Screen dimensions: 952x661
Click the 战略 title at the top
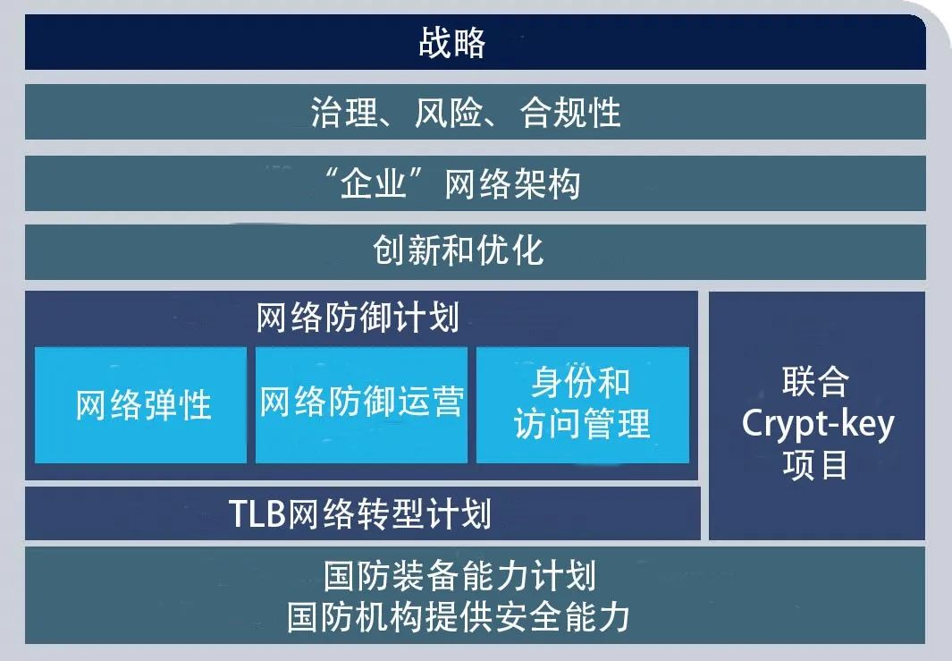452,43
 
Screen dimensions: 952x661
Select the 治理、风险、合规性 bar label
467,113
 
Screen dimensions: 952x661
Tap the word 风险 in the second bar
449,113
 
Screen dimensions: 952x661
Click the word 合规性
570,113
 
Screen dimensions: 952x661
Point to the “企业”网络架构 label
452,183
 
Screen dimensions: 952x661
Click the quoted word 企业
373,183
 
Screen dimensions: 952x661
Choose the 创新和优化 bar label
459,250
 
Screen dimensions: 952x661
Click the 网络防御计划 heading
358,318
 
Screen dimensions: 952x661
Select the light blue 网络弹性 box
141,405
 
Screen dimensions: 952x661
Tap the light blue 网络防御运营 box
361,405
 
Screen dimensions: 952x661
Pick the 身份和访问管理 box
583,405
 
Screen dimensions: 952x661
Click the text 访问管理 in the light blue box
582,423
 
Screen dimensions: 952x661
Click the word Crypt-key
818,423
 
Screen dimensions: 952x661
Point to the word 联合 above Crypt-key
815,382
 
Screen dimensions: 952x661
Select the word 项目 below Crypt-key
814,465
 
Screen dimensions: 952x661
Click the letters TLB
257,514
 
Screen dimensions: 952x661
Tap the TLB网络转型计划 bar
362,513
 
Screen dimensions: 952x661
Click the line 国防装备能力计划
459,576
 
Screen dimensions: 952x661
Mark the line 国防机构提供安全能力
459,617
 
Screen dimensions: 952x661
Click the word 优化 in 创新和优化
510,250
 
